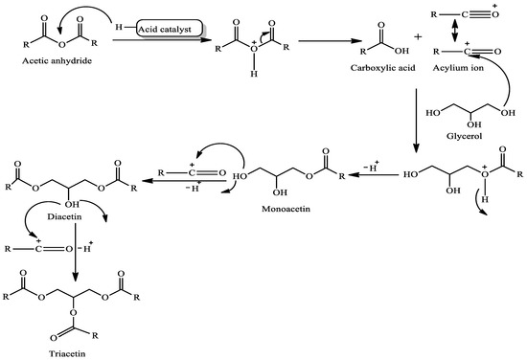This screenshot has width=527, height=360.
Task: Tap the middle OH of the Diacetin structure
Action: coord(73,203)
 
